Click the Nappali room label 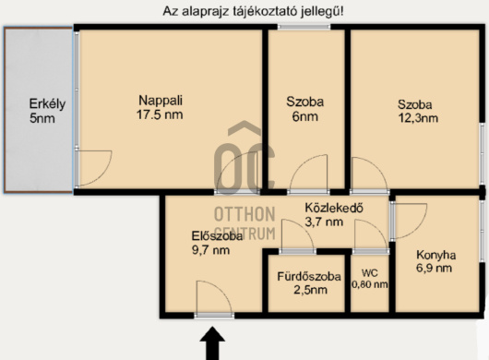click(161, 101)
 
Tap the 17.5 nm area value click(160, 114)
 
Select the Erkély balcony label click(47, 104)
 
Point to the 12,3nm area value click(418, 118)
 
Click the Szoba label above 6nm click(305, 102)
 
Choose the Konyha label click(436, 255)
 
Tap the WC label click(370, 273)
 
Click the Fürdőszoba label click(309, 276)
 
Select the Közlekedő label click(334, 208)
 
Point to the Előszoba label click(217, 235)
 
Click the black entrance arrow click(212, 343)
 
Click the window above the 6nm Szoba click(304, 27)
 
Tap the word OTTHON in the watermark click(244, 214)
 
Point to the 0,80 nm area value click(370, 284)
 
